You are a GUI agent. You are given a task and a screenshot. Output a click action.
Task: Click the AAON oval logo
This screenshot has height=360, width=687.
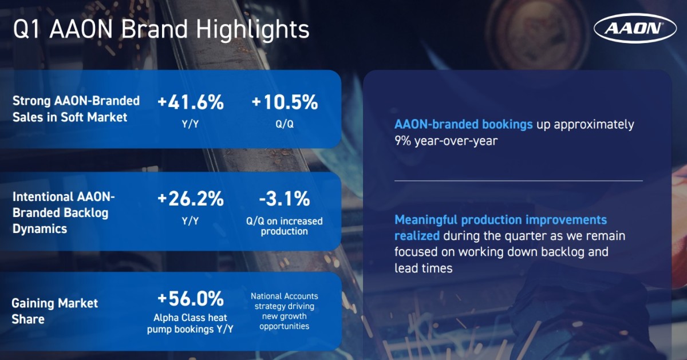click(635, 28)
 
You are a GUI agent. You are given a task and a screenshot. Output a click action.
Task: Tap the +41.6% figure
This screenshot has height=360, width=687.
click(191, 102)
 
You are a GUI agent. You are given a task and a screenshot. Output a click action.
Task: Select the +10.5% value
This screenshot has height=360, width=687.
click(285, 102)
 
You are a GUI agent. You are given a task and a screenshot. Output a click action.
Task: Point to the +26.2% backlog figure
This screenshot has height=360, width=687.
click(191, 199)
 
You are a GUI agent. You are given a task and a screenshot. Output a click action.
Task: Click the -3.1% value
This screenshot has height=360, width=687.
click(285, 199)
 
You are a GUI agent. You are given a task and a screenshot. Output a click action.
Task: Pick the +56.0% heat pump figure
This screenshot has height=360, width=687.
click(191, 298)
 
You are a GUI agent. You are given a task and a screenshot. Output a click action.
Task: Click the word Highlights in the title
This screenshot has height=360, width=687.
click(252, 29)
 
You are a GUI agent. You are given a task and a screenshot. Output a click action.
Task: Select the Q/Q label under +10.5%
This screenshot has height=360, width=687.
click(285, 124)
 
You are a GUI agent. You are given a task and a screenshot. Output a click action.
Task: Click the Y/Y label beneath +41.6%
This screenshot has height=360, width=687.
click(190, 124)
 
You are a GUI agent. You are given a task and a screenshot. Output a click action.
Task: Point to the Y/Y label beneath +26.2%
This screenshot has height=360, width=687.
click(190, 221)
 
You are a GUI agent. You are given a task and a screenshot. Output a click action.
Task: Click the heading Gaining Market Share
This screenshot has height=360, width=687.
click(54, 311)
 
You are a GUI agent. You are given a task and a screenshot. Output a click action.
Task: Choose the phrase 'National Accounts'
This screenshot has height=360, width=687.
click(285, 296)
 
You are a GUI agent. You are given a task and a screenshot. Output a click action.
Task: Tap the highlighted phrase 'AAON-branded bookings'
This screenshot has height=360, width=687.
click(463, 125)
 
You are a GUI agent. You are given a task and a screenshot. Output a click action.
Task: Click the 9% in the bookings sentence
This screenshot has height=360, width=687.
click(402, 141)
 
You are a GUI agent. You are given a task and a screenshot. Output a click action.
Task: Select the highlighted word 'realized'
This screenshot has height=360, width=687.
click(417, 236)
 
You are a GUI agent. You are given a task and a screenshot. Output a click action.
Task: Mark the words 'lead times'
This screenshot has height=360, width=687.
click(423, 268)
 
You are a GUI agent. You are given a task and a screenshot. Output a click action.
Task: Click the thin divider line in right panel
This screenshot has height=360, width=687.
click(519, 181)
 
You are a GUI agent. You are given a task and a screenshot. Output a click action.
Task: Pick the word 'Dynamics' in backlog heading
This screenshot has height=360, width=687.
click(40, 229)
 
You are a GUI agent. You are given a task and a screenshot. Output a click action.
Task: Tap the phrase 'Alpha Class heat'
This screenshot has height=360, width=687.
click(190, 318)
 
